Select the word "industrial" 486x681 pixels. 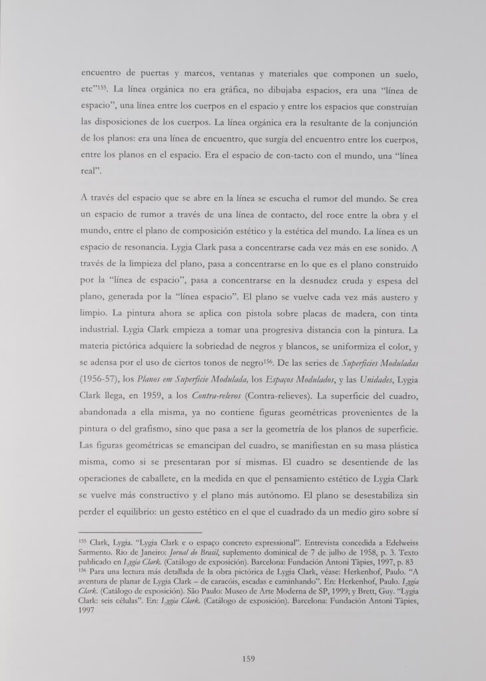tap(100, 329)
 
